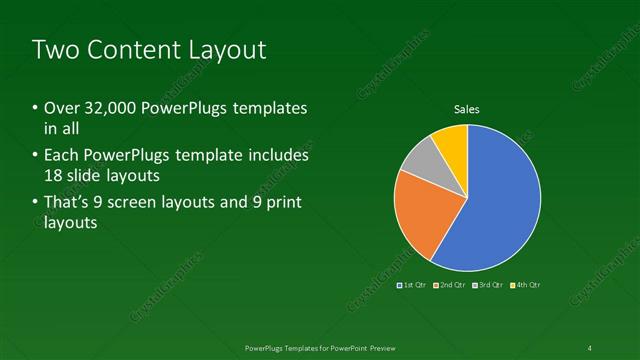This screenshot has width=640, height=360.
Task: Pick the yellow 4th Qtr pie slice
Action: [x=452, y=141]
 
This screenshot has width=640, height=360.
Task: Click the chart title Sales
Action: [x=467, y=109]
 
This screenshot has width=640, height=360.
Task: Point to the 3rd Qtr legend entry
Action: [x=489, y=285]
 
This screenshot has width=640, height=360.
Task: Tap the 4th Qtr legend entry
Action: [x=527, y=285]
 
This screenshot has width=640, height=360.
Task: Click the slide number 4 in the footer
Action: [x=590, y=347]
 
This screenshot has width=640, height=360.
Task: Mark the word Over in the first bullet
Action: [x=60, y=108]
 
